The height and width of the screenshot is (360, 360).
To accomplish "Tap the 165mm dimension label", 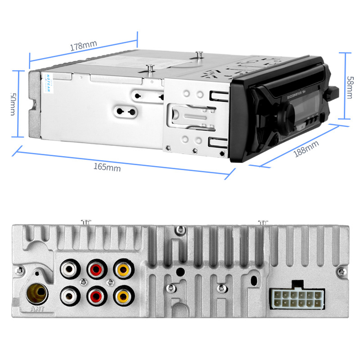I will point(107,167).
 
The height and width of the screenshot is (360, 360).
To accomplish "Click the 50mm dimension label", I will point(13,104).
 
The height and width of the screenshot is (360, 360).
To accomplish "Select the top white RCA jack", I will point(70,270).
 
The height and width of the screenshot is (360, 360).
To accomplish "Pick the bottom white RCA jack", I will point(70,295).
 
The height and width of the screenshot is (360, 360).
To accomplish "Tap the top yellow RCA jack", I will point(122,270).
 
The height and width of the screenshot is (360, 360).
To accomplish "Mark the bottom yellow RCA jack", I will point(122,295).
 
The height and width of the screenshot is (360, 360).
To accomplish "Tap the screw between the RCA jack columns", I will point(83,283).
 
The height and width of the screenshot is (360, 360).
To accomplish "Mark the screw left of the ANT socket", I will point(19,270).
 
